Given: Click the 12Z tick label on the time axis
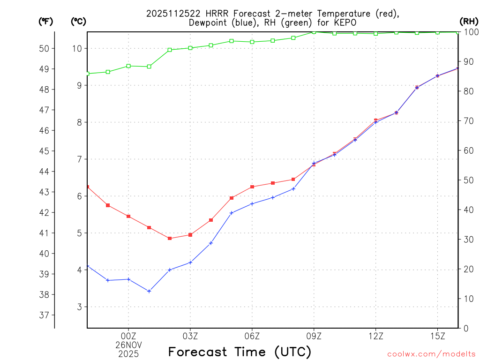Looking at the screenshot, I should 375,336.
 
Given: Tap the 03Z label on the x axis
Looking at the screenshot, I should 190,336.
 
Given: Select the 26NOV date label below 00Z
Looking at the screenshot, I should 128,345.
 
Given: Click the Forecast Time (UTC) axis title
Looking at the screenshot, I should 240,352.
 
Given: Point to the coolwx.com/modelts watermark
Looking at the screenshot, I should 431,353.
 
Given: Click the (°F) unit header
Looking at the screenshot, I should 46,21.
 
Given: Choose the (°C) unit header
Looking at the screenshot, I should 79,21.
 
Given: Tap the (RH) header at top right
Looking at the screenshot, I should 468,21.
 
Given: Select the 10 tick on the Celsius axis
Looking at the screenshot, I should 78,48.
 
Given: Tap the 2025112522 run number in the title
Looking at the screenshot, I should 171,14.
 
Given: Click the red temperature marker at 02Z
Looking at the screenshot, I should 170,238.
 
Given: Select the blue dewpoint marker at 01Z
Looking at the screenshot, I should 149,291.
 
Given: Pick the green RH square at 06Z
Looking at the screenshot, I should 252,42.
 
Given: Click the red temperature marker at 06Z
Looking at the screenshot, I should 252,187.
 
